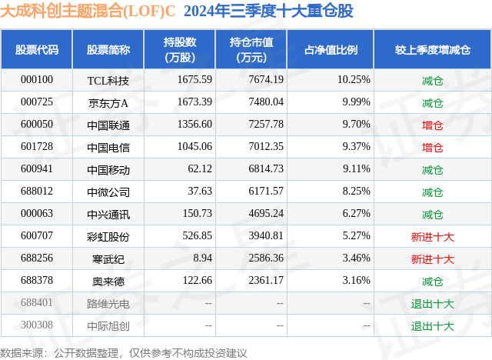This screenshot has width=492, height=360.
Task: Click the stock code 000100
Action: [37, 80]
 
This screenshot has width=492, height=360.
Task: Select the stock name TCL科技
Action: [108, 80]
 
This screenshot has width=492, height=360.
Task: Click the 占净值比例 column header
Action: [331, 50]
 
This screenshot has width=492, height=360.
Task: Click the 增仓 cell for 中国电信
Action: [433, 147]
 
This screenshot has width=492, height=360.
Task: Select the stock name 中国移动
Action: [108, 169]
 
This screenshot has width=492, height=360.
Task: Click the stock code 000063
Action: [37, 214]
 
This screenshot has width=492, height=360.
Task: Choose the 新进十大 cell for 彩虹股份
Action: [433, 236]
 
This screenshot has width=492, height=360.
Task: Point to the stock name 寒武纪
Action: [108, 258]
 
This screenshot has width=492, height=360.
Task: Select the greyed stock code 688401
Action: [37, 303]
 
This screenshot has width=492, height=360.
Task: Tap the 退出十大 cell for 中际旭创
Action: [433, 325]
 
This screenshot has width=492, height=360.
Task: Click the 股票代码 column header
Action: [37, 50]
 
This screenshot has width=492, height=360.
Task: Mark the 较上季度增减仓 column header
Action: [433, 50]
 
